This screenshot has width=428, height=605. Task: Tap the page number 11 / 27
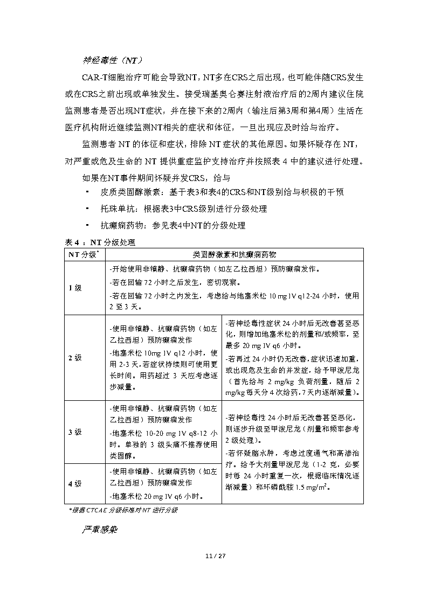[214, 556]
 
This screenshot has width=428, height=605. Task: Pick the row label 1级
[75, 288]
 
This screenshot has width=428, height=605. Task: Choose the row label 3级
[75, 432]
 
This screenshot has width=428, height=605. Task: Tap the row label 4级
[75, 483]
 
